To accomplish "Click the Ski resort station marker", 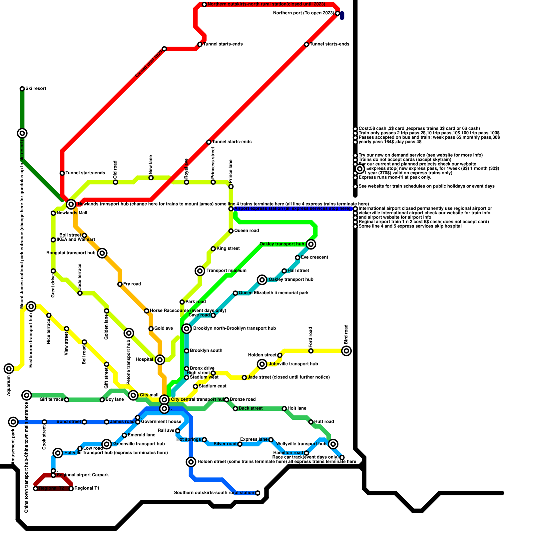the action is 22,89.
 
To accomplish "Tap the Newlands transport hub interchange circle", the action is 71,204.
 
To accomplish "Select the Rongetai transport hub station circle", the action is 103,253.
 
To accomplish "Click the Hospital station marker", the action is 160,360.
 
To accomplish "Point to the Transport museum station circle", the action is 200,271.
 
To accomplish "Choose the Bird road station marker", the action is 347,351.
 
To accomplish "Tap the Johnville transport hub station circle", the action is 262,364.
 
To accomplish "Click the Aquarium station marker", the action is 9,368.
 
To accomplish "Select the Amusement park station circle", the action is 13,422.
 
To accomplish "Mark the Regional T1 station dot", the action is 71,489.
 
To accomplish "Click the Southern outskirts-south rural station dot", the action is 258,493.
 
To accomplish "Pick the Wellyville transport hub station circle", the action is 333,444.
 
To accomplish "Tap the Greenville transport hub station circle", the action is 107,444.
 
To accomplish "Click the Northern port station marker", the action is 337,13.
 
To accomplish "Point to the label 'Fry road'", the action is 132,284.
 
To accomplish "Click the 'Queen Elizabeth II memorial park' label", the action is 273,293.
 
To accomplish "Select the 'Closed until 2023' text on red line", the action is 149,63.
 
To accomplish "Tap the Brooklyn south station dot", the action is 187,351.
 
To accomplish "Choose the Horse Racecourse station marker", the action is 147,311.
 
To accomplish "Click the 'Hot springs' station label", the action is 189,440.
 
